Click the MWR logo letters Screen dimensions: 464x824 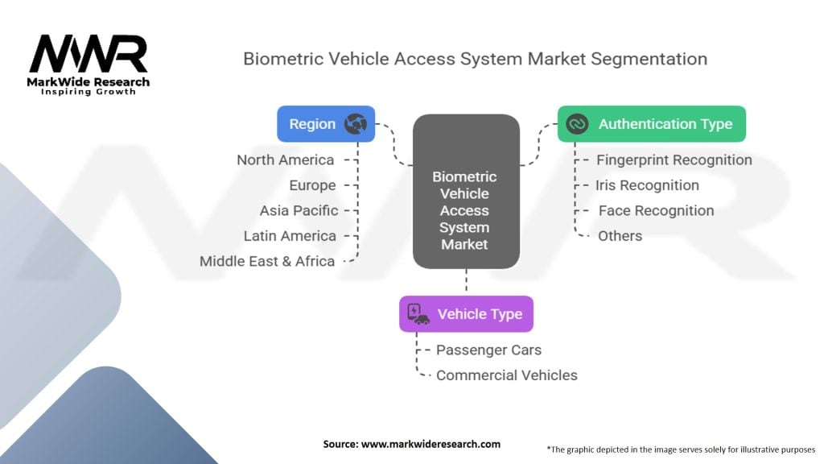[89, 55]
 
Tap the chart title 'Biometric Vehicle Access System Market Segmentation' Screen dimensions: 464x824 [475, 59]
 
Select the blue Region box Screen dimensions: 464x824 [326, 124]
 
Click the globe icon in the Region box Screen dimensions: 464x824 [355, 124]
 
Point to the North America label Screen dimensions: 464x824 [285, 159]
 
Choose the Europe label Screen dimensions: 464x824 [312, 185]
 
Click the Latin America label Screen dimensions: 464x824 [290, 236]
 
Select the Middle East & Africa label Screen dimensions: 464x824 [267, 261]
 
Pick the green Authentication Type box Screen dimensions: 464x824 [651, 124]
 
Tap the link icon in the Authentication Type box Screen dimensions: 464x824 [577, 124]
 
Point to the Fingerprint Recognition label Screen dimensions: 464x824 [674, 159]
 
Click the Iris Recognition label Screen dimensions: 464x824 [647, 185]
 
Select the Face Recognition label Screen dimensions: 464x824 [656, 210]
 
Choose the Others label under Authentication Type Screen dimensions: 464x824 [620, 236]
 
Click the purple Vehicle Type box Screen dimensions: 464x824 [466, 314]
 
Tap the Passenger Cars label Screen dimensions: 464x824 [488, 350]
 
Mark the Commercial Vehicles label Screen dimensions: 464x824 [506, 375]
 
